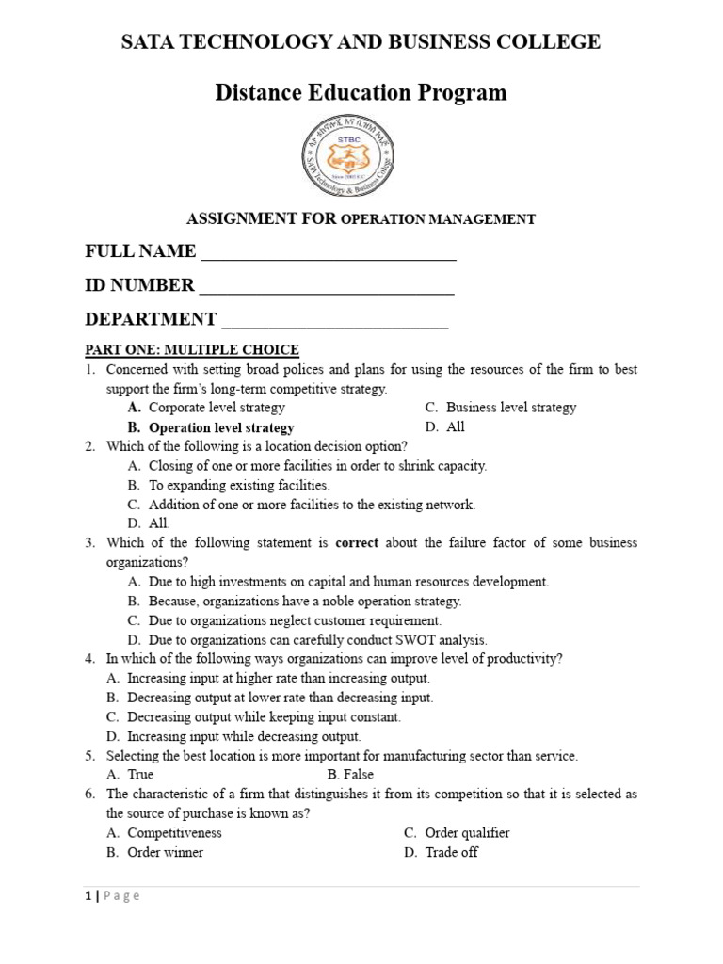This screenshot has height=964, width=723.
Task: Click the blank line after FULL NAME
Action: click(329, 254)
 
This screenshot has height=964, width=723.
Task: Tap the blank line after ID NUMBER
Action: click(327, 288)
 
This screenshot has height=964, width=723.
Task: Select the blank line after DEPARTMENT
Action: click(334, 322)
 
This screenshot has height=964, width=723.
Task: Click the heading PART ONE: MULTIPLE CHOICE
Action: click(192, 350)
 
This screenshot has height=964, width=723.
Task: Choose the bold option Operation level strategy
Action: click(221, 427)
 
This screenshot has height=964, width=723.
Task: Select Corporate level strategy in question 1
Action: click(217, 408)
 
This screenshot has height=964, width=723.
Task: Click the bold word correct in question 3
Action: click(356, 543)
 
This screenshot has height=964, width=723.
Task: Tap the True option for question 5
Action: click(140, 775)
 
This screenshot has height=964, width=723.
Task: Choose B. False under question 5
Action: click(350, 775)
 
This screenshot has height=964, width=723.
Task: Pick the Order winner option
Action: click(165, 852)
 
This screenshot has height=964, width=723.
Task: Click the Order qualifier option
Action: click(467, 832)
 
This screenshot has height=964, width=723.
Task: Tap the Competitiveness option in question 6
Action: click(174, 832)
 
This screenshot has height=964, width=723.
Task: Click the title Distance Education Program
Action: click(361, 92)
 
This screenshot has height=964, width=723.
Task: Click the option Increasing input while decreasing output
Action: click(244, 736)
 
